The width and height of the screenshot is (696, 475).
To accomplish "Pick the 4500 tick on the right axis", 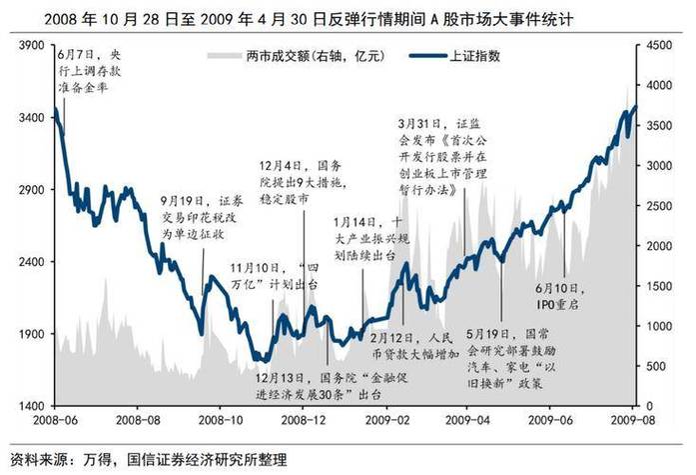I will pyautogui.click(x=662, y=46).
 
